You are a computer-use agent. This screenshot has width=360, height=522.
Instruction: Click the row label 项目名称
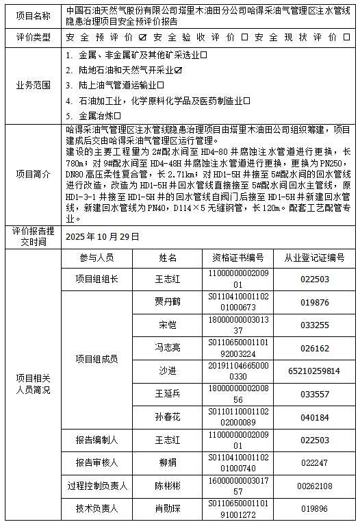pos(32,16)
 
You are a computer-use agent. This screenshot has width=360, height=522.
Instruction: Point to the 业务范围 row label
pos(32,86)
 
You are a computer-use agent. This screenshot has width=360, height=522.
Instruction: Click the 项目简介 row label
pos(32,175)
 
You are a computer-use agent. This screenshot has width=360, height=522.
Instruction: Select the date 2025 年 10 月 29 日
pos(103,236)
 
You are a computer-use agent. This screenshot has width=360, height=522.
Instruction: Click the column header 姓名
pos(168,258)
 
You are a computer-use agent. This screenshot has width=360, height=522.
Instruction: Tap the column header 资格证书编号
pos(238,258)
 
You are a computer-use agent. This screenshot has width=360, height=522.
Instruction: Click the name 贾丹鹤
pos(168,301)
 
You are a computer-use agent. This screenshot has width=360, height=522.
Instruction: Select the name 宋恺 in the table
pos(168,324)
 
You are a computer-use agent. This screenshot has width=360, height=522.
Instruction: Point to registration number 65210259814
pos(314,371)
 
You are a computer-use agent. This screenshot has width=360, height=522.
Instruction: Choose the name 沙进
pos(168,371)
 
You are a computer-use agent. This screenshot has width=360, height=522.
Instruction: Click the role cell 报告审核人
pos(97,462)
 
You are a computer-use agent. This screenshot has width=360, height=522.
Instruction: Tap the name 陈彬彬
pos(168,486)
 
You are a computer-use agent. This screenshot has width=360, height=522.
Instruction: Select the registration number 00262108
pos(314,486)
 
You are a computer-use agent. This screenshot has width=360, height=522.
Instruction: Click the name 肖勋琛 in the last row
pos(168,509)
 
